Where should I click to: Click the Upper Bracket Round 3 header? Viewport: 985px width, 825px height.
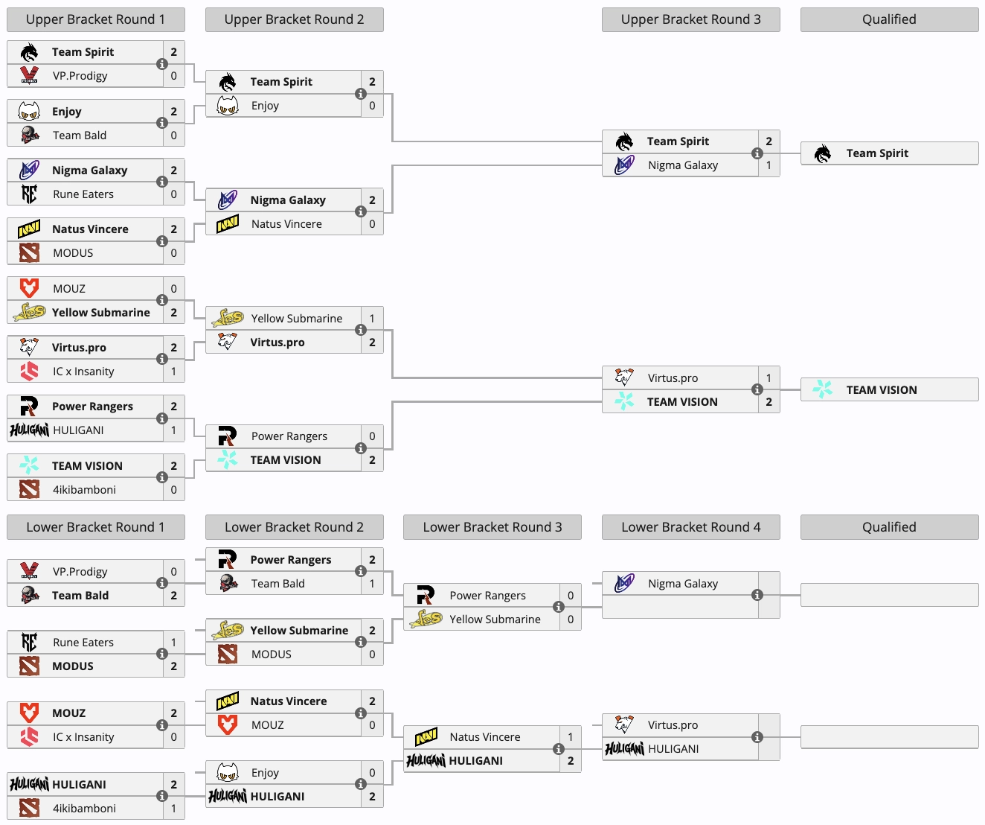690,19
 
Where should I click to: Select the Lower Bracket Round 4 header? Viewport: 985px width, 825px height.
690,527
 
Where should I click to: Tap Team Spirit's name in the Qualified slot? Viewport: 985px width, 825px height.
877,153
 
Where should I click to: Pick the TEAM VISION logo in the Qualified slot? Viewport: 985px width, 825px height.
822,389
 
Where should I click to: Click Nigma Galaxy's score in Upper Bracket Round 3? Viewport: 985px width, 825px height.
769,165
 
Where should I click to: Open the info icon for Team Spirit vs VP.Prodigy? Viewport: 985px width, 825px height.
161,64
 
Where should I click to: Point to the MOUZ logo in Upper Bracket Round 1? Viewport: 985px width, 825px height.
29,288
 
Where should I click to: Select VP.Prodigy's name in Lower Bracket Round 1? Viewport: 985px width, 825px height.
80,571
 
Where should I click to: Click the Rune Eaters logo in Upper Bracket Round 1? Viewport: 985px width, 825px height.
29,194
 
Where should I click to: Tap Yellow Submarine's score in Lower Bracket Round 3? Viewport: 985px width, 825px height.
571,619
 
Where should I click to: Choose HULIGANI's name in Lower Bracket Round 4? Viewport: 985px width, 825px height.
673,749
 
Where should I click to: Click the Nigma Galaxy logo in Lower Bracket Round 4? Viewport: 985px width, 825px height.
624,584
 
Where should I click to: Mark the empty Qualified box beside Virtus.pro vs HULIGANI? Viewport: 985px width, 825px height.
889,737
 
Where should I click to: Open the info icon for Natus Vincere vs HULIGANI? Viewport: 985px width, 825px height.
559,748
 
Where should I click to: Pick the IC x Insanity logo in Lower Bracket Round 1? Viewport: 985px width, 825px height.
29,736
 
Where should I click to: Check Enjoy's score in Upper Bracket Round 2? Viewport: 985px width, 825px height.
372,106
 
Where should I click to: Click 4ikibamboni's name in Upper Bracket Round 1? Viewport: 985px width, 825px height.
84,490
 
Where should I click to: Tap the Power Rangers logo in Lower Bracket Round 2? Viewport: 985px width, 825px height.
227,559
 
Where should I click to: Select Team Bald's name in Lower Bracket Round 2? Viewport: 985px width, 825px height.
277,584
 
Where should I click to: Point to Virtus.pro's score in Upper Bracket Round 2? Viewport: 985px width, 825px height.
372,343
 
